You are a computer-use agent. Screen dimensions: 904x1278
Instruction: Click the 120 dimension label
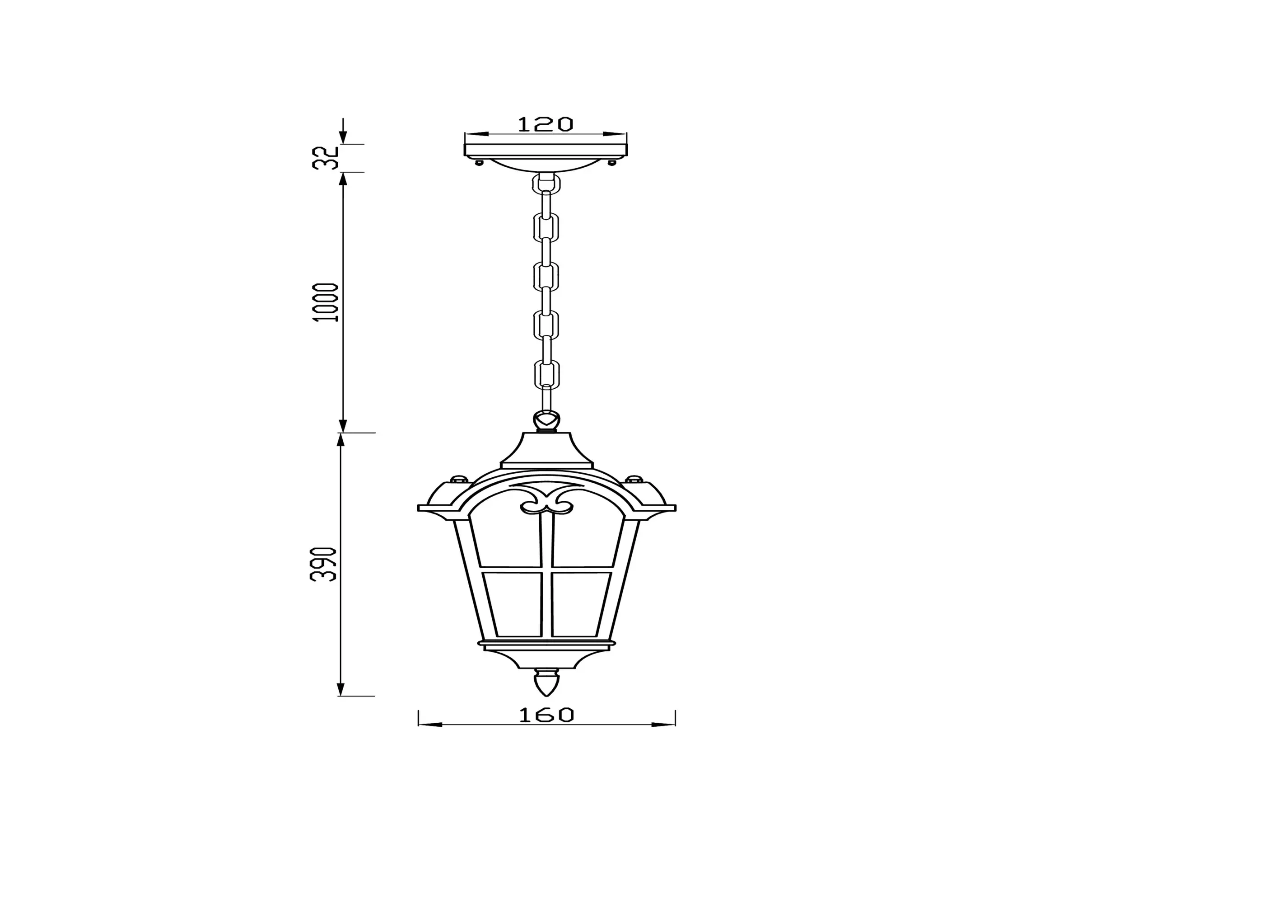tap(545, 124)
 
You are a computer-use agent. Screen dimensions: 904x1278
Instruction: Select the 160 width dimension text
tap(546, 715)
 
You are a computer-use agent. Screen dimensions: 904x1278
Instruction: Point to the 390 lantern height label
tap(323, 564)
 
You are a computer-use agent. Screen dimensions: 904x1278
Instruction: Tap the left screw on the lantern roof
tap(459, 479)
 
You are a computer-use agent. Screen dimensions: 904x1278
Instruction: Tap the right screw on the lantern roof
tap(634, 479)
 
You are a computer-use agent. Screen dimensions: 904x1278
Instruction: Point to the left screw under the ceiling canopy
tap(478, 163)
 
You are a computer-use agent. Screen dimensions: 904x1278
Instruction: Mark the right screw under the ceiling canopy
tap(613, 163)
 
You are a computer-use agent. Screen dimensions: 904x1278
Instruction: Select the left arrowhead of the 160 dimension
tap(430, 725)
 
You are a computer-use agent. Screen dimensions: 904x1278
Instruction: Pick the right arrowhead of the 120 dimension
tap(616, 134)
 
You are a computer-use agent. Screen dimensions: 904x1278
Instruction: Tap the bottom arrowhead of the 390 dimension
tap(340, 689)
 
